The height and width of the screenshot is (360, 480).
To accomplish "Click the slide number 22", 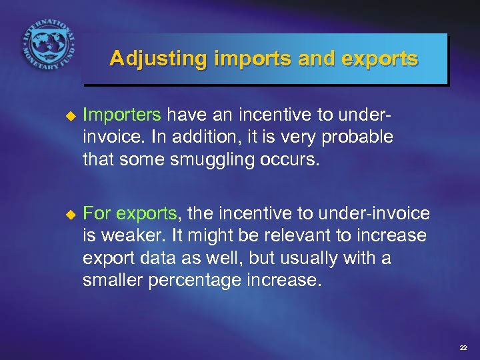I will [463, 347].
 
